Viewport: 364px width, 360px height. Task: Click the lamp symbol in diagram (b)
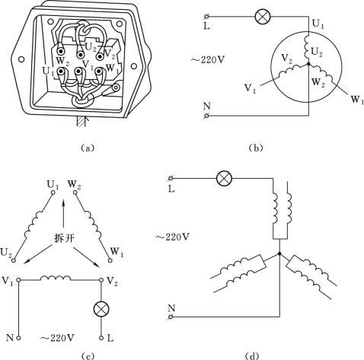(263, 17)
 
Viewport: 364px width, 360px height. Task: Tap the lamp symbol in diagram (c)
(101, 309)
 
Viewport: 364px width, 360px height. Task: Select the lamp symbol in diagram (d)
(224, 178)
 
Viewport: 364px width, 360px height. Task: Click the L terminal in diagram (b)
(206, 17)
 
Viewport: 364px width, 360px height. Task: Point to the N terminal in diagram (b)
(206, 116)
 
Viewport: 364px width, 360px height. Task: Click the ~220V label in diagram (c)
(57, 338)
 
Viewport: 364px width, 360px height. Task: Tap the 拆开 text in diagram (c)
(65, 238)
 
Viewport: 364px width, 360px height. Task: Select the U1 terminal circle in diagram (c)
(53, 193)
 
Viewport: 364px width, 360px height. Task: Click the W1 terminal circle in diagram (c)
(110, 260)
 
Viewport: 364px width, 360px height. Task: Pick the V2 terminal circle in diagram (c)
(101, 280)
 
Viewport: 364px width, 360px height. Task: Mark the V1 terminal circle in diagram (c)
(18, 280)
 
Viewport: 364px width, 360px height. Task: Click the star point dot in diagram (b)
(308, 63)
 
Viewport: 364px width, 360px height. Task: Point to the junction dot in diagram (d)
(279, 253)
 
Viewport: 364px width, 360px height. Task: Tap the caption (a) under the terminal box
(88, 148)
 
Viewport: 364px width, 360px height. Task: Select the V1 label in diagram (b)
(250, 88)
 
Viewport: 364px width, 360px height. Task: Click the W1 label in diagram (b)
(357, 100)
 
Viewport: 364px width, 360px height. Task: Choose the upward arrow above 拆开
(64, 213)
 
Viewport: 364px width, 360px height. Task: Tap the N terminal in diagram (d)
(171, 317)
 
